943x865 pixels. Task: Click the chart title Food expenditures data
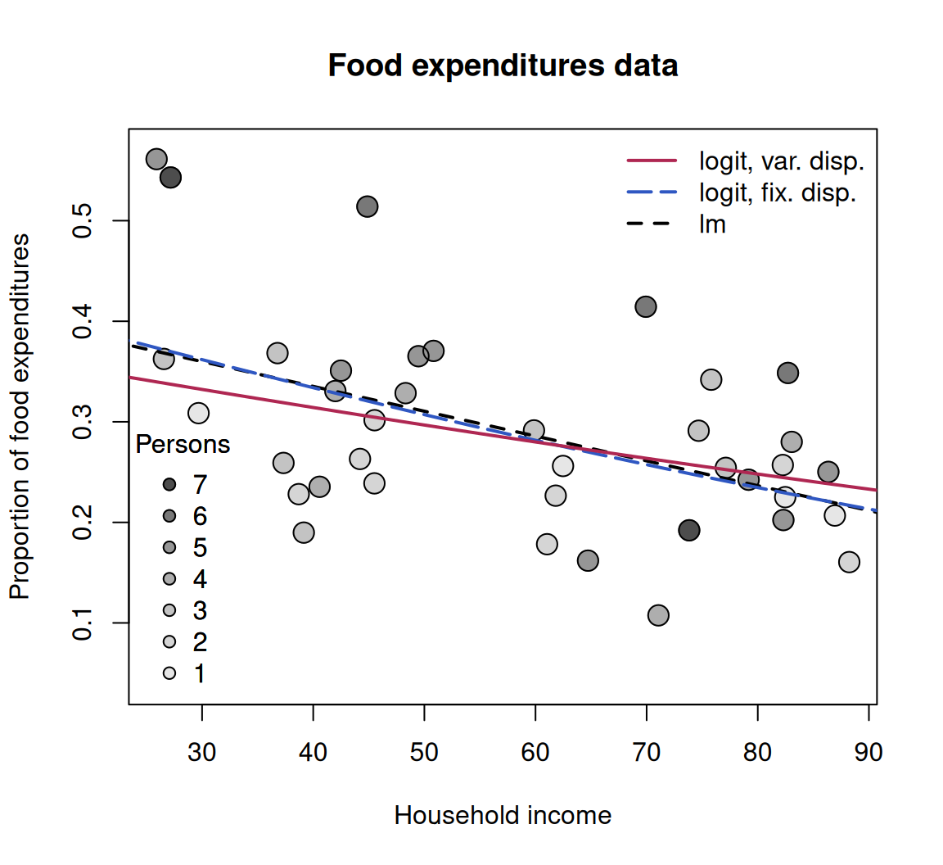point(503,66)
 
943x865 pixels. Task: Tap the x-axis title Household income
point(503,816)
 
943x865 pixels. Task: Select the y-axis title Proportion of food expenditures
point(20,417)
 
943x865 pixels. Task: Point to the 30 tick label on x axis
point(201,753)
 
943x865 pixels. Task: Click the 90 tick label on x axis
point(869,753)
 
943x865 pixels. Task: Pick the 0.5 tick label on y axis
point(83,221)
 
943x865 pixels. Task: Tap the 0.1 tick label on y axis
point(83,623)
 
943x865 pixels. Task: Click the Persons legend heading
point(183,444)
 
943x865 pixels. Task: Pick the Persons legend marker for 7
point(169,485)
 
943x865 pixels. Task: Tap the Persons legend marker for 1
point(169,673)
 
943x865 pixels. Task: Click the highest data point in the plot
point(156,160)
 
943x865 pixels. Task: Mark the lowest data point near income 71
point(658,615)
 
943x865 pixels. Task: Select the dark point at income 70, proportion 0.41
point(646,307)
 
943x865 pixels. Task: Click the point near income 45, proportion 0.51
point(368,207)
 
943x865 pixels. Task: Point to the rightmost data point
point(849,562)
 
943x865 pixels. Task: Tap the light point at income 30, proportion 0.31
point(198,414)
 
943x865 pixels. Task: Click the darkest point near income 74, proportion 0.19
point(689,530)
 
